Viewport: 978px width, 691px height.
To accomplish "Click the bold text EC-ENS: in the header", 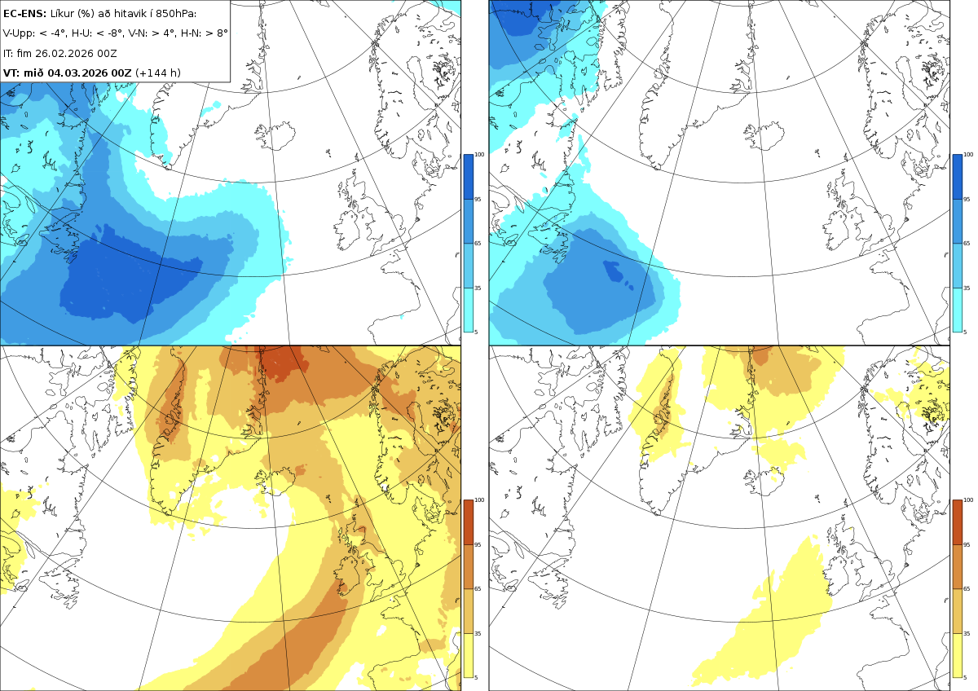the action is pos(24,14).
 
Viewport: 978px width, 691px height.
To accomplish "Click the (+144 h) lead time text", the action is pos(157,73).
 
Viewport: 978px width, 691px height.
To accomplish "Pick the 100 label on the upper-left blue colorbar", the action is pos(479,155).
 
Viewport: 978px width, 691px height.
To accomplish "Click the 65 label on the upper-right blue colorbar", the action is pos(967,243).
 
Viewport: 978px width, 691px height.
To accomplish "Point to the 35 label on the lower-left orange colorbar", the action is pos(478,633).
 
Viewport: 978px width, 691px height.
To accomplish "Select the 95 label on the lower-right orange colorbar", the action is pos(967,545).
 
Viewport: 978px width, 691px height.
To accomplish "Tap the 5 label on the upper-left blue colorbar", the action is pos(476,332).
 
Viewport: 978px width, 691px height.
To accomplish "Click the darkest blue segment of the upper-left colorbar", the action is pos(468,177).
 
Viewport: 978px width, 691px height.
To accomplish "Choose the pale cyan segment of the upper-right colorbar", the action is pos(957,310).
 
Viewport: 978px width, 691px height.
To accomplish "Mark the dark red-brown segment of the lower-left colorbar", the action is pos(468,522).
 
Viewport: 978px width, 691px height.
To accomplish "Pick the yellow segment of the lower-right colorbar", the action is pos(957,656).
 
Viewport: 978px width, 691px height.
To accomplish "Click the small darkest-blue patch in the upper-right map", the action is pos(615,271).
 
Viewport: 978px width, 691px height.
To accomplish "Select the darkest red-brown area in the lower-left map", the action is pos(280,363).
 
